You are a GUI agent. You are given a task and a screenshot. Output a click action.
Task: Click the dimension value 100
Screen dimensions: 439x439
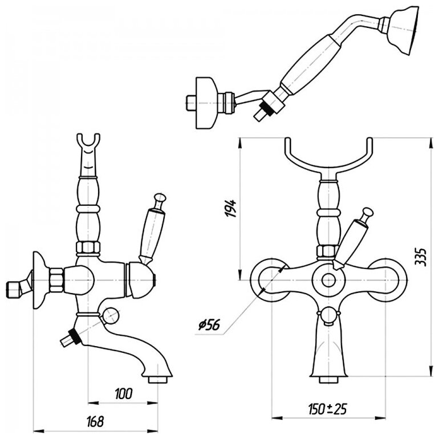pos(122,393)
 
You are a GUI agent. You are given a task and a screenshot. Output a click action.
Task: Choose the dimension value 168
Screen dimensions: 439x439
pos(97,421)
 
